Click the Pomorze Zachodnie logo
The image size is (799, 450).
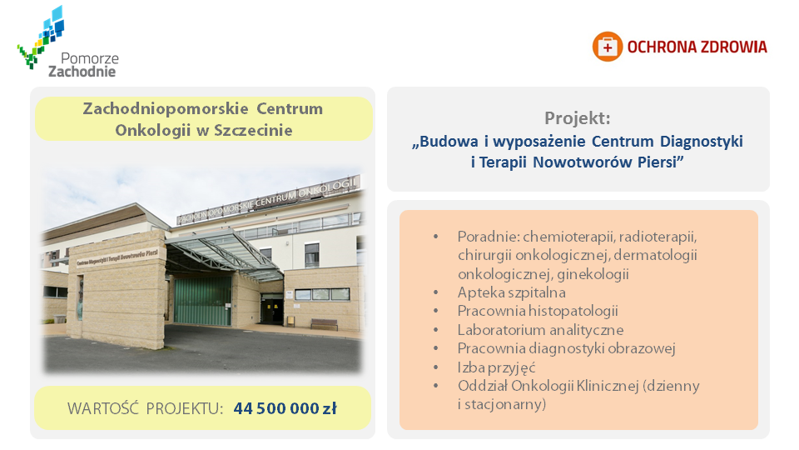coord(67,42)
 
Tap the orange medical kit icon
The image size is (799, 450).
coord(607,47)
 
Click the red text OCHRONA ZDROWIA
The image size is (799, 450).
coord(697,47)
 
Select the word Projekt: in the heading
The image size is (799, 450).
coord(578,118)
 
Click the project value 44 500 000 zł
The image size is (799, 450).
coord(285,408)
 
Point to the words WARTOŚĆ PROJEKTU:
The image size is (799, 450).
coord(145,408)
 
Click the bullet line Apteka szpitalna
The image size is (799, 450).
coord(512,292)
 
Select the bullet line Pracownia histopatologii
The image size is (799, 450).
coord(538,311)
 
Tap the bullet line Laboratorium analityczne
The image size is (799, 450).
coord(541,330)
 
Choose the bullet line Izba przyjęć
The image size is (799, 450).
coord(496,367)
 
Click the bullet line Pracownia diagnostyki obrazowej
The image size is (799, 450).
coord(567,348)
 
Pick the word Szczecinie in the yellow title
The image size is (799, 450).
coord(253,131)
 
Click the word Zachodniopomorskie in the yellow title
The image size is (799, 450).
coord(166,108)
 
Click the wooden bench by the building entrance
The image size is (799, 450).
coord(324,324)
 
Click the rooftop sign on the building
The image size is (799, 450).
coord(269,199)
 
